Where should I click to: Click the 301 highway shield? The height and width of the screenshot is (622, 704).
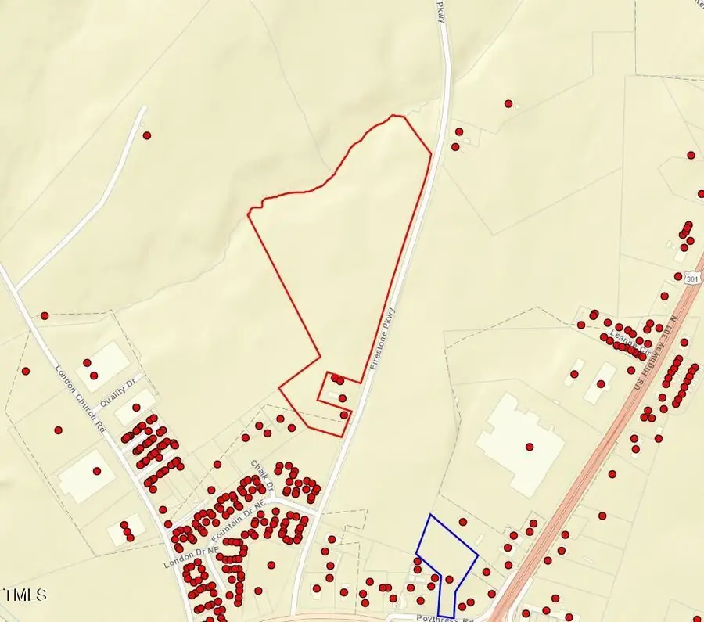pos(691,278)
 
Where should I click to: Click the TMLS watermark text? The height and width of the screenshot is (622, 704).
pos(24,595)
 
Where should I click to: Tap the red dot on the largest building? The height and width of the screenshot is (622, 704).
pos(530,447)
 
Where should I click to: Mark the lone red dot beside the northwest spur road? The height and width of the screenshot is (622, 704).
pos(147,135)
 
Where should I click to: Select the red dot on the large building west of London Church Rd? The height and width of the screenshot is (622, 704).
pos(97,471)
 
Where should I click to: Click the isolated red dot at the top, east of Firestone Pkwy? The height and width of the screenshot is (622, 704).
pos(508,103)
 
